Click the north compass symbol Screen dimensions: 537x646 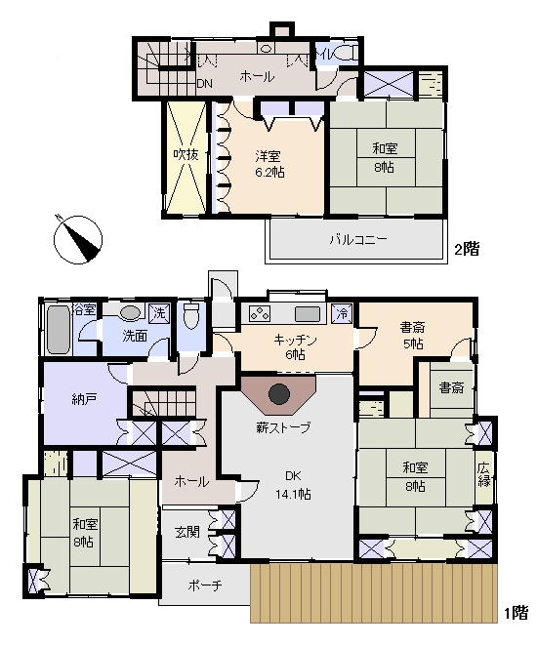(x=78, y=239)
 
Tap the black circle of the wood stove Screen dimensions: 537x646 (x=279, y=394)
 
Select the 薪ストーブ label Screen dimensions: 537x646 (x=283, y=428)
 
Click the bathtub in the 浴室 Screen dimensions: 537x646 (x=59, y=330)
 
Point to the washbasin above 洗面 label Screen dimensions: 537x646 (x=130, y=313)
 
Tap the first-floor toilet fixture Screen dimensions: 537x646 (x=190, y=316)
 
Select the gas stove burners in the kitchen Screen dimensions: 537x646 (x=260, y=314)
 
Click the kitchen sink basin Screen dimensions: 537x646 (x=308, y=314)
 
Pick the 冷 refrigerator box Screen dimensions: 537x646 (x=342, y=313)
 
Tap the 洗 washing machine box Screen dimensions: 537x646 (x=159, y=313)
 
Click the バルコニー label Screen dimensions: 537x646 (x=358, y=240)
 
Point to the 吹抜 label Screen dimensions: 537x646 (x=186, y=154)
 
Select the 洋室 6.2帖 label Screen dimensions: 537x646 (x=269, y=164)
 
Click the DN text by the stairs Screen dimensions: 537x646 (x=204, y=84)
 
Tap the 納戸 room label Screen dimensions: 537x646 (x=84, y=399)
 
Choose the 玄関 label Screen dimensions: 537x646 (x=187, y=532)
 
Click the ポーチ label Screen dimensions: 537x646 (x=205, y=585)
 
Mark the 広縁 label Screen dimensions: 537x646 (x=484, y=474)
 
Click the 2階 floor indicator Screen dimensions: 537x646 (x=467, y=249)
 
